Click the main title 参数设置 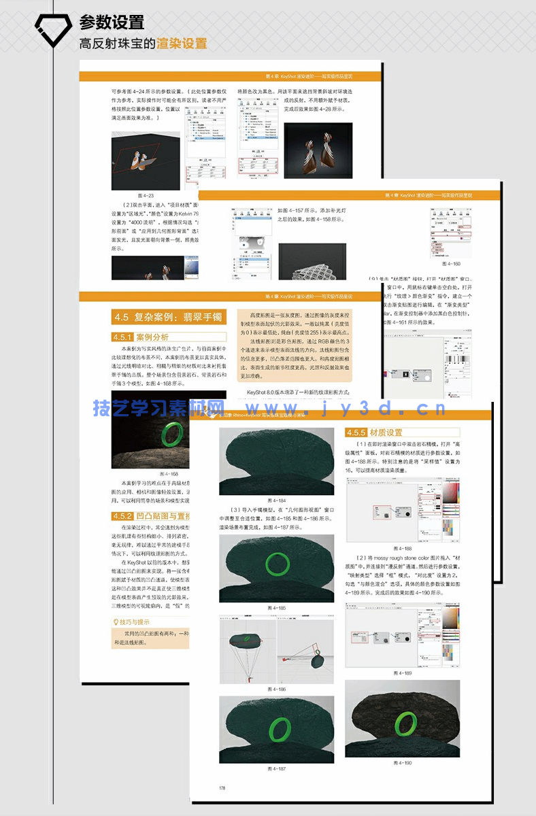112,23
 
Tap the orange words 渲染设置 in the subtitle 182,44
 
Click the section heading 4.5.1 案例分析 141,337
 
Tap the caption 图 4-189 403,673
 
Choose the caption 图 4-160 450,263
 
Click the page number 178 222,788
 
